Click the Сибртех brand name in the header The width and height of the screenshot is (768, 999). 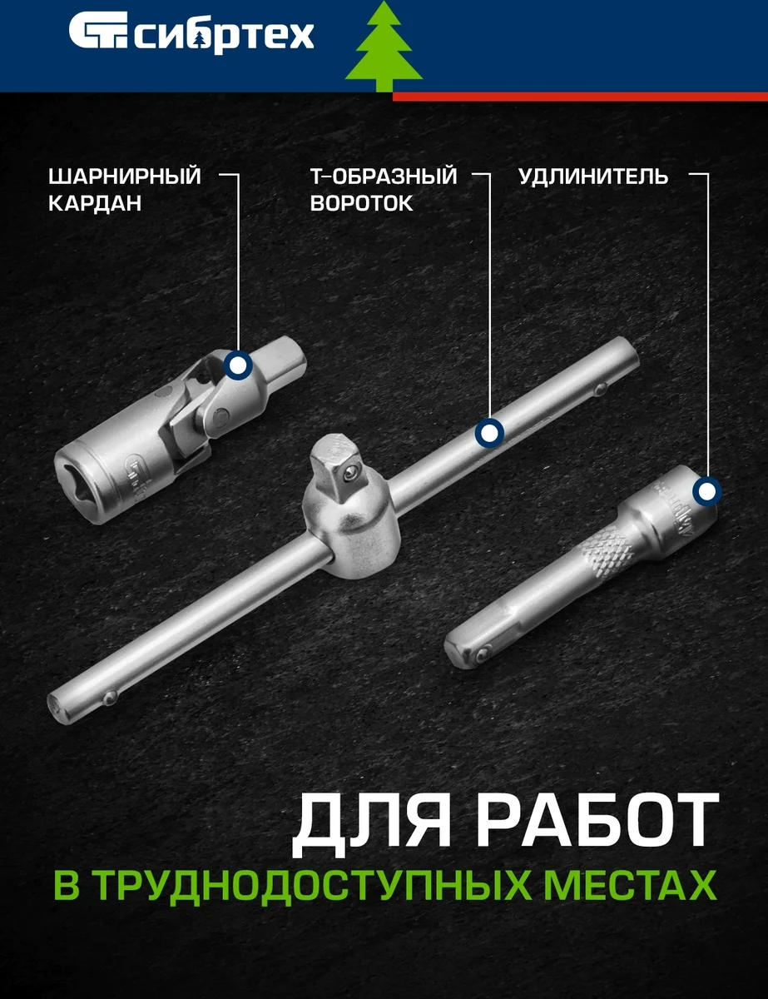point(225,36)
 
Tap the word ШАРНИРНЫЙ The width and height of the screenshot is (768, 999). point(125,176)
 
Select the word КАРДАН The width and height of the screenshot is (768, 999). point(95,203)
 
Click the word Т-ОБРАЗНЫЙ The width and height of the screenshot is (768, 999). point(384,176)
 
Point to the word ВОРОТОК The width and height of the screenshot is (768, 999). point(361,203)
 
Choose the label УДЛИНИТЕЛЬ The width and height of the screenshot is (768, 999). point(593,176)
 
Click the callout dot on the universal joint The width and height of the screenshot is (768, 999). point(238,365)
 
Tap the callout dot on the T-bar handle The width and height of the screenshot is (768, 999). point(489,433)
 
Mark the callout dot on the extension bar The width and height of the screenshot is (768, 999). point(707,492)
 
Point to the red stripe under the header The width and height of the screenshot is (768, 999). point(580,97)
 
